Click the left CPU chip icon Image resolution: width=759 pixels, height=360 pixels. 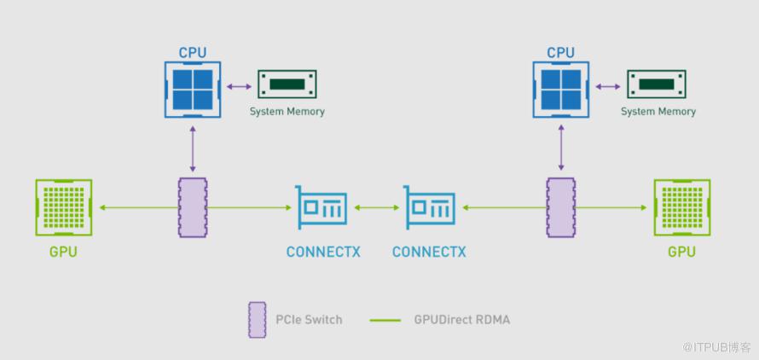click(x=193, y=89)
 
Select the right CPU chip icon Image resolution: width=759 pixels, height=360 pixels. click(x=561, y=89)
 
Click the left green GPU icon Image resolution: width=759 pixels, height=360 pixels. click(x=64, y=207)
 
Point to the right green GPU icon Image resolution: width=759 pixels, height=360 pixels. click(x=681, y=207)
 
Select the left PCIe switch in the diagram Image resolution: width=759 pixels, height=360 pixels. click(x=193, y=207)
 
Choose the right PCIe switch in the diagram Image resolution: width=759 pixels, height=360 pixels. click(x=561, y=207)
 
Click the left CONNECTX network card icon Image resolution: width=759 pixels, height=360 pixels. click(x=322, y=207)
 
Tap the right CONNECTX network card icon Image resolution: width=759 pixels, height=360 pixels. click(x=429, y=207)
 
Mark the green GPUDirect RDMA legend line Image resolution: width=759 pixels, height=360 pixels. click(x=385, y=321)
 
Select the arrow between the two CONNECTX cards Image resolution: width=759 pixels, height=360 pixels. click(x=375, y=207)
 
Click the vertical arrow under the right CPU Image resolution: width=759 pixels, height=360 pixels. click(x=561, y=147)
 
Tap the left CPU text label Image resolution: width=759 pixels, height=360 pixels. click(x=193, y=53)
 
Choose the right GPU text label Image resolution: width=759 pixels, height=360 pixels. click(x=681, y=253)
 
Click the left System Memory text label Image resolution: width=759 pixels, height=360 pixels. click(x=287, y=112)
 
